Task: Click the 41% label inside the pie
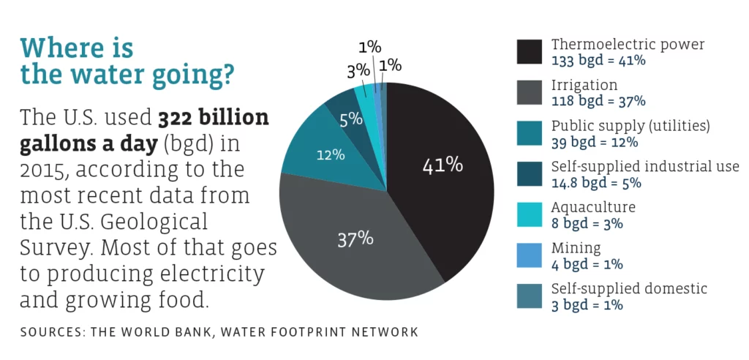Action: (443, 165)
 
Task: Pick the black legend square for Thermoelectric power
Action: (530, 52)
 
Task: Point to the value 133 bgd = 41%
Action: (598, 60)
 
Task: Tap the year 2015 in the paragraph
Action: (45, 170)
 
